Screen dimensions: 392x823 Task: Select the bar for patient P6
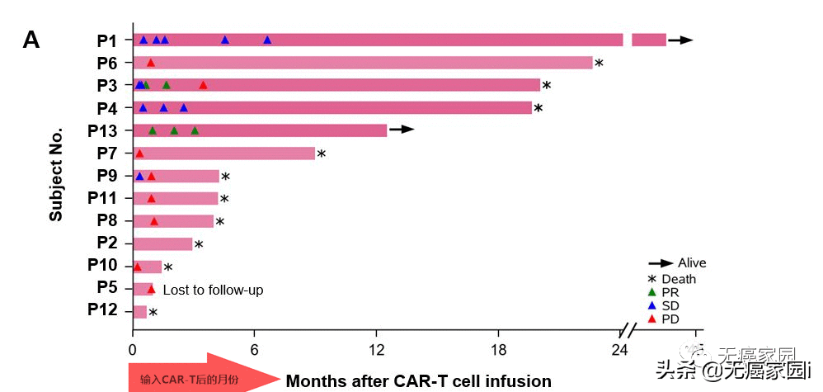[363, 63]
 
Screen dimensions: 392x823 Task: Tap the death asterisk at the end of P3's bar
[546, 85]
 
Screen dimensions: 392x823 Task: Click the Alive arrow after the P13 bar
[401, 130]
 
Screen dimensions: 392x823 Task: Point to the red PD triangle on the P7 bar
[139, 153]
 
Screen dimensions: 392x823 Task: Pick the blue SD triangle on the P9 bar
[139, 176]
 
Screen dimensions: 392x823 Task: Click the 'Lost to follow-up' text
[213, 290]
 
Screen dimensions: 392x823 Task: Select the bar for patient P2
[162, 243]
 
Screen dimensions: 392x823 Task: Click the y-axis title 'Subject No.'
[55, 175]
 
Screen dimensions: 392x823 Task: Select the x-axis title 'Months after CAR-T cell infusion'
[418, 380]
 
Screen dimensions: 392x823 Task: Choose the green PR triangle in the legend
[652, 291]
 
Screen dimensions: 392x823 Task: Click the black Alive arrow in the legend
[660, 262]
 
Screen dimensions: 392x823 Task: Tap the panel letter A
[31, 39]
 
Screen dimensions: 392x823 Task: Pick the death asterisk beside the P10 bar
[168, 267]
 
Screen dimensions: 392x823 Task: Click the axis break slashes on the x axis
[628, 331]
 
